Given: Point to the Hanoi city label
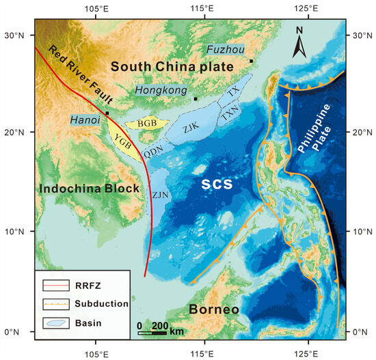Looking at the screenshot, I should coord(84,120).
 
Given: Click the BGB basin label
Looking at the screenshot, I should coord(148,124).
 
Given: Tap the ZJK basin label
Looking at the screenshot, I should coord(191,126).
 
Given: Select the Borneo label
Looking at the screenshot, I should coord(215,309).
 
